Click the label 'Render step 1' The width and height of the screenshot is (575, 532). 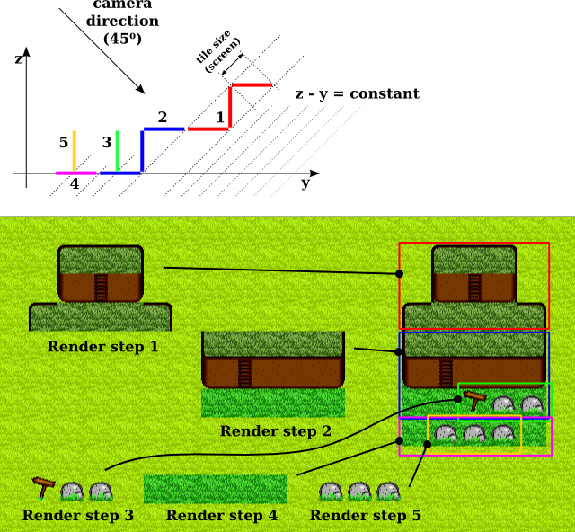point(102,347)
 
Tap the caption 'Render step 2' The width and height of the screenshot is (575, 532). point(275,431)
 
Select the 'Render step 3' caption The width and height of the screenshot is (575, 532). point(78,516)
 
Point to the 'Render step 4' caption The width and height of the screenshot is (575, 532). point(221,516)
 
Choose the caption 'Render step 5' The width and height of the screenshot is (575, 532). point(365,516)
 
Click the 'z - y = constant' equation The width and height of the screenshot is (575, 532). point(358,93)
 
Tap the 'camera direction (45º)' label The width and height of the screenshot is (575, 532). point(122,22)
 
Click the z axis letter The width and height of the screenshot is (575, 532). point(19,58)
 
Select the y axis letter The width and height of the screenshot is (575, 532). point(305,182)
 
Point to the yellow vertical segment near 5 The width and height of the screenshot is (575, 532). point(75,151)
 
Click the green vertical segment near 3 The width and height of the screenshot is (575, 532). point(117,151)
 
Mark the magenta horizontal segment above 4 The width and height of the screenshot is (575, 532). point(75,173)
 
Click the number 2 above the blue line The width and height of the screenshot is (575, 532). point(163,117)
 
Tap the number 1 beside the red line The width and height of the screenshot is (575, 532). point(220,118)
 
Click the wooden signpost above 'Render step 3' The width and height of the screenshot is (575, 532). point(42,486)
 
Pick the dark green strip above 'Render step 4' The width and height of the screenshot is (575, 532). point(216,489)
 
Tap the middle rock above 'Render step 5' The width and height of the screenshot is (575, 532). point(359,492)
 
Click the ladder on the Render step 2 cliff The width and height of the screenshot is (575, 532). point(245,372)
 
